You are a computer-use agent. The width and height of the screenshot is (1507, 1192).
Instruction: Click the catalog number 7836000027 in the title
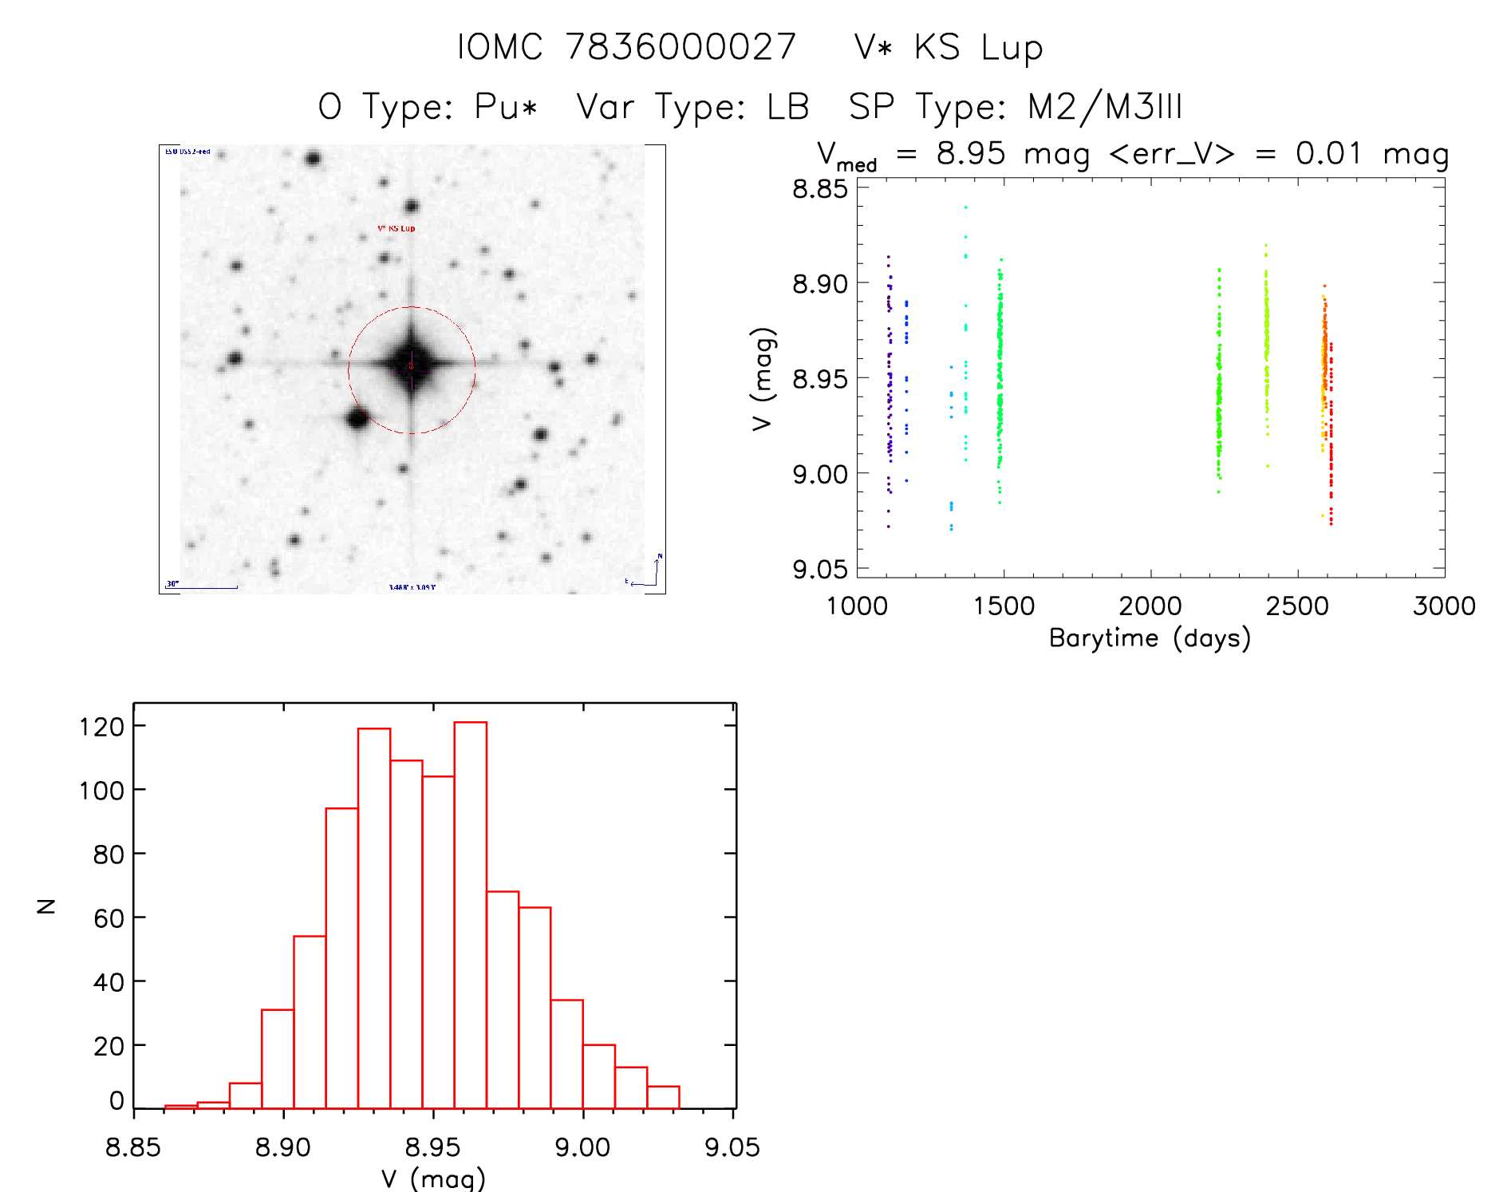681,47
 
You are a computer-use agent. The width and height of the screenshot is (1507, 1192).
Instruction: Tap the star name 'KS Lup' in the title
978,48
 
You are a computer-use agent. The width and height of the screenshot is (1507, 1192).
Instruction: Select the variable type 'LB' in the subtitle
787,107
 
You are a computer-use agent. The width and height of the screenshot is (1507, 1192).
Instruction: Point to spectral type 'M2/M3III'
1104,107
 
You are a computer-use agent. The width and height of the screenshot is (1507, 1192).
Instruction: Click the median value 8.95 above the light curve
971,153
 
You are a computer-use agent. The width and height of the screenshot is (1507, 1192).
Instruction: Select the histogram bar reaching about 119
374,918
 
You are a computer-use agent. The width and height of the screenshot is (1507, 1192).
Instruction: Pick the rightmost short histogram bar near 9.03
663,1097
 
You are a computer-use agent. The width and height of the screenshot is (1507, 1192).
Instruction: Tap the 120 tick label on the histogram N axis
102,726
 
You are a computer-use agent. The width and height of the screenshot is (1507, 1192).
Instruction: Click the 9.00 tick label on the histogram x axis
582,1147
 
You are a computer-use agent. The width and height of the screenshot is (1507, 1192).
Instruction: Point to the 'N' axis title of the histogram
46,906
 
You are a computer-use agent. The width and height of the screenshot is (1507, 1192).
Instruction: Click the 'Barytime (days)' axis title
1150,638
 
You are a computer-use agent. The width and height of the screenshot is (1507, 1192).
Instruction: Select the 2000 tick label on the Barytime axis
1150,606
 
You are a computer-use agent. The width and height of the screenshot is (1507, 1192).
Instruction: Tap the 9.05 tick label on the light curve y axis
820,569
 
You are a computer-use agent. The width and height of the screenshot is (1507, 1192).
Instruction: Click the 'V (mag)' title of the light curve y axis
763,379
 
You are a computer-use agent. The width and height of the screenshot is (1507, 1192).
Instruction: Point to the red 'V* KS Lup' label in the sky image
396,228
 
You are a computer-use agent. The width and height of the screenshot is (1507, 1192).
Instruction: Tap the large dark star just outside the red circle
357,417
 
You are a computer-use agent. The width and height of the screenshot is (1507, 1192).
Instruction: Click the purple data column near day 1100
889,391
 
